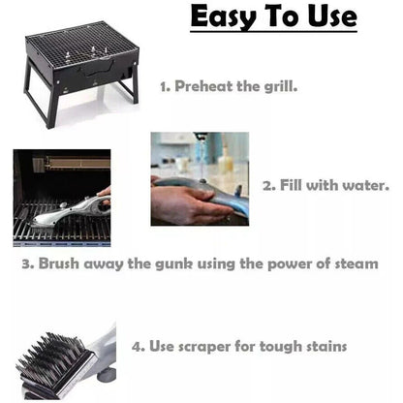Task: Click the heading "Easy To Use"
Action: point(272,18)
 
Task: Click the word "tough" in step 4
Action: point(275,346)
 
